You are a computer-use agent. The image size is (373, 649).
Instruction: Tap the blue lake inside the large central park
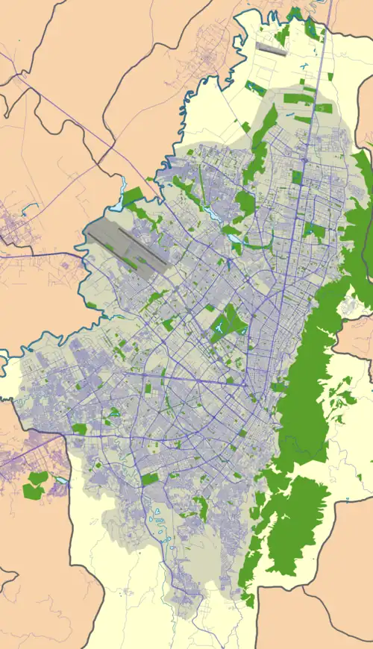221,327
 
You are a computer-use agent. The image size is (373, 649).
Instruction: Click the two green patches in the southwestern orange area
34,485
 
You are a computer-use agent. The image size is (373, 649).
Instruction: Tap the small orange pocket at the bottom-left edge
7,577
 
